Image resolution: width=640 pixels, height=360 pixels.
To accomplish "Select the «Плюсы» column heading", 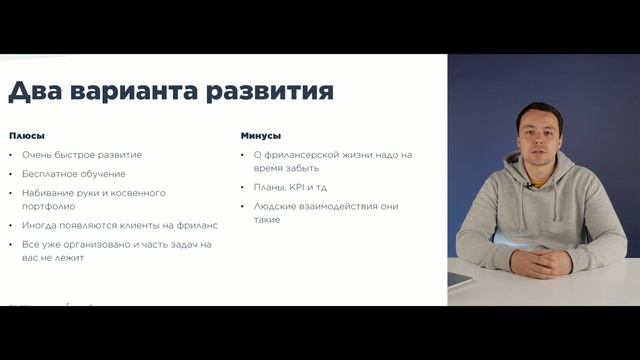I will [x=27, y=135].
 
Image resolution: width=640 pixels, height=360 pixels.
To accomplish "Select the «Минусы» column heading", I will [x=261, y=135].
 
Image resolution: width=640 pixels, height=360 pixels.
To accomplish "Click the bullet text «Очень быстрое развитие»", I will [x=82, y=155].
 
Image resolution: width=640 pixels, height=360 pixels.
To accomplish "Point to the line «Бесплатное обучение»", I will [x=76, y=173].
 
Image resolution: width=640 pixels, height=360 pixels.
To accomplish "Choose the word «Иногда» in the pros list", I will [x=39, y=225].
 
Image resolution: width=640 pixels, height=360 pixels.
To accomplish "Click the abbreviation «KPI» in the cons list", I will [x=297, y=187].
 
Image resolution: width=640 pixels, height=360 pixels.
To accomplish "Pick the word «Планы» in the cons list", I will [x=268, y=187].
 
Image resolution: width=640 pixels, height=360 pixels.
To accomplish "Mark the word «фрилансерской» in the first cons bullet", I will [x=301, y=155].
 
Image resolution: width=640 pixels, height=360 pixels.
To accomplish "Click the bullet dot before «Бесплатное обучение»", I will [x=11, y=174].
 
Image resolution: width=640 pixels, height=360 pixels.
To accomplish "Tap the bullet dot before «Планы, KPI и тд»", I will [x=244, y=188].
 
